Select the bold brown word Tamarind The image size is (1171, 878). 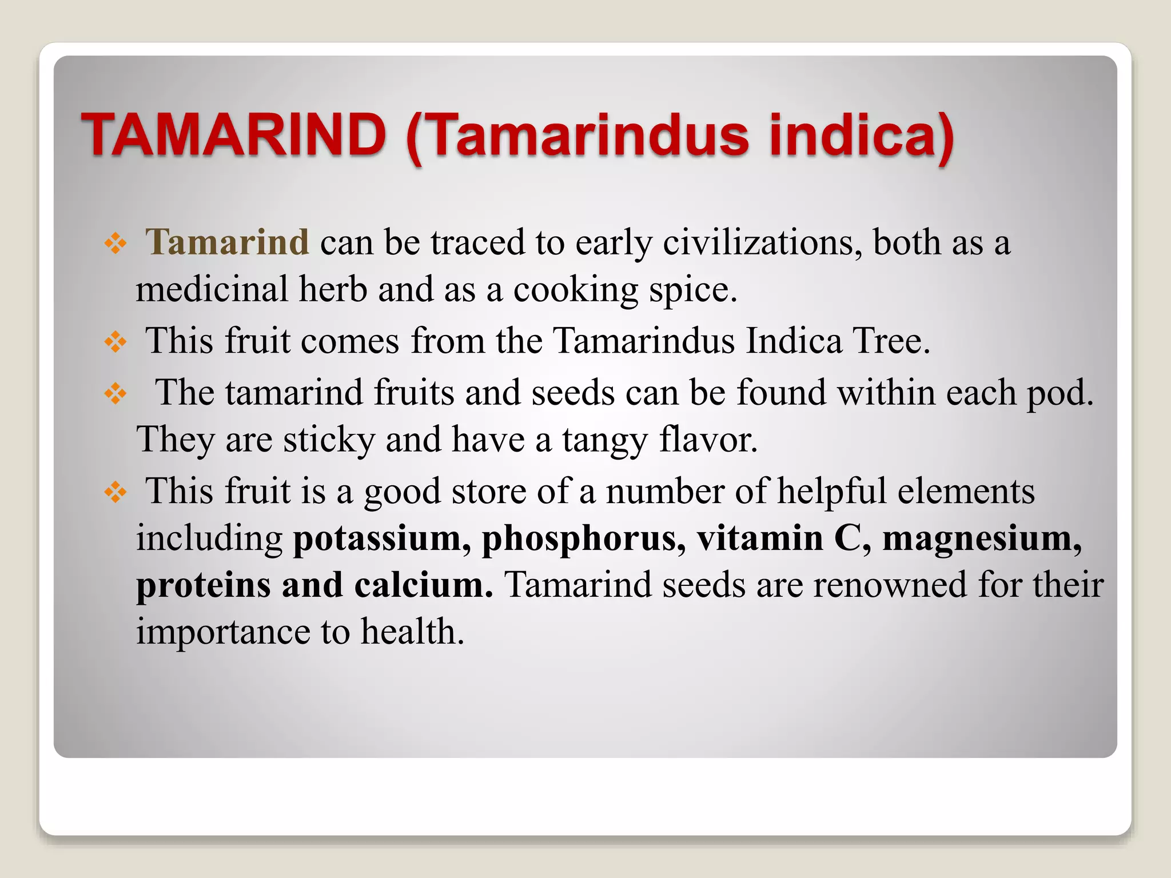pyautogui.click(x=227, y=242)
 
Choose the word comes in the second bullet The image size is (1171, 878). pyautogui.click(x=350, y=342)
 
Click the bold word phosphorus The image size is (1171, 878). pyautogui.click(x=583, y=539)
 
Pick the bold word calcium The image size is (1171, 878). pyautogui.click(x=423, y=585)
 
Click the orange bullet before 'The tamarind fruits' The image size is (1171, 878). pyautogui.click(x=115, y=393)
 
